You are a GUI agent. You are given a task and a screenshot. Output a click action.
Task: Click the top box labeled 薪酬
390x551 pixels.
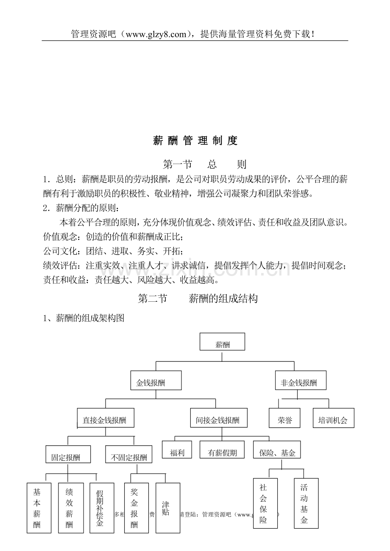(222, 342)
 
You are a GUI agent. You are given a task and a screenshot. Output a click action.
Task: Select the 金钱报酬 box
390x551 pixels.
(156, 380)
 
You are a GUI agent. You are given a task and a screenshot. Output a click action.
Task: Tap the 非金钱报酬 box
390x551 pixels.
(301, 380)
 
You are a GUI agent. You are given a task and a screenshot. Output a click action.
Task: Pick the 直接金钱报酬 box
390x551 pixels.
(106, 418)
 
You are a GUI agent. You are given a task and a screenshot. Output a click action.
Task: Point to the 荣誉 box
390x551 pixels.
(284, 418)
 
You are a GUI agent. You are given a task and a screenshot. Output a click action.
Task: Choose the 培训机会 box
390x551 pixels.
(333, 418)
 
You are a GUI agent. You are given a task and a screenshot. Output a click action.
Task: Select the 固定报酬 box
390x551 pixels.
(68, 455)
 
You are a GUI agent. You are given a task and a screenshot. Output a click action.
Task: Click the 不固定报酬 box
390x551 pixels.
(129, 455)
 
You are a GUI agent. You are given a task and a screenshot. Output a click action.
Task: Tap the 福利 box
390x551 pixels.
(177, 450)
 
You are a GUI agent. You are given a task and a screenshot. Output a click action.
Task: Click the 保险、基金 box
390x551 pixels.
(277, 450)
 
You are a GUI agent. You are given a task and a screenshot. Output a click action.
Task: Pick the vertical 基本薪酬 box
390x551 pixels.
(39, 508)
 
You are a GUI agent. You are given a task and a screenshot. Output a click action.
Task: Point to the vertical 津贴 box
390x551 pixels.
(165, 508)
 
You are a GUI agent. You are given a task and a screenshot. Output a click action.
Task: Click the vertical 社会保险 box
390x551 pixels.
(265, 503)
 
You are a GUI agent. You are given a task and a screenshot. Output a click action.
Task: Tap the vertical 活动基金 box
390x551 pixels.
(306, 503)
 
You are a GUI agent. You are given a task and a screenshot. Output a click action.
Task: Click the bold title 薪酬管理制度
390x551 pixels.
(195, 141)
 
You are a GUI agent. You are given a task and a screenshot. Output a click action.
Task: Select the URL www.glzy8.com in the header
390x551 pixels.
(156, 34)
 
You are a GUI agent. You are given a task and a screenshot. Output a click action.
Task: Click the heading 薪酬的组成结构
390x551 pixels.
(223, 299)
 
